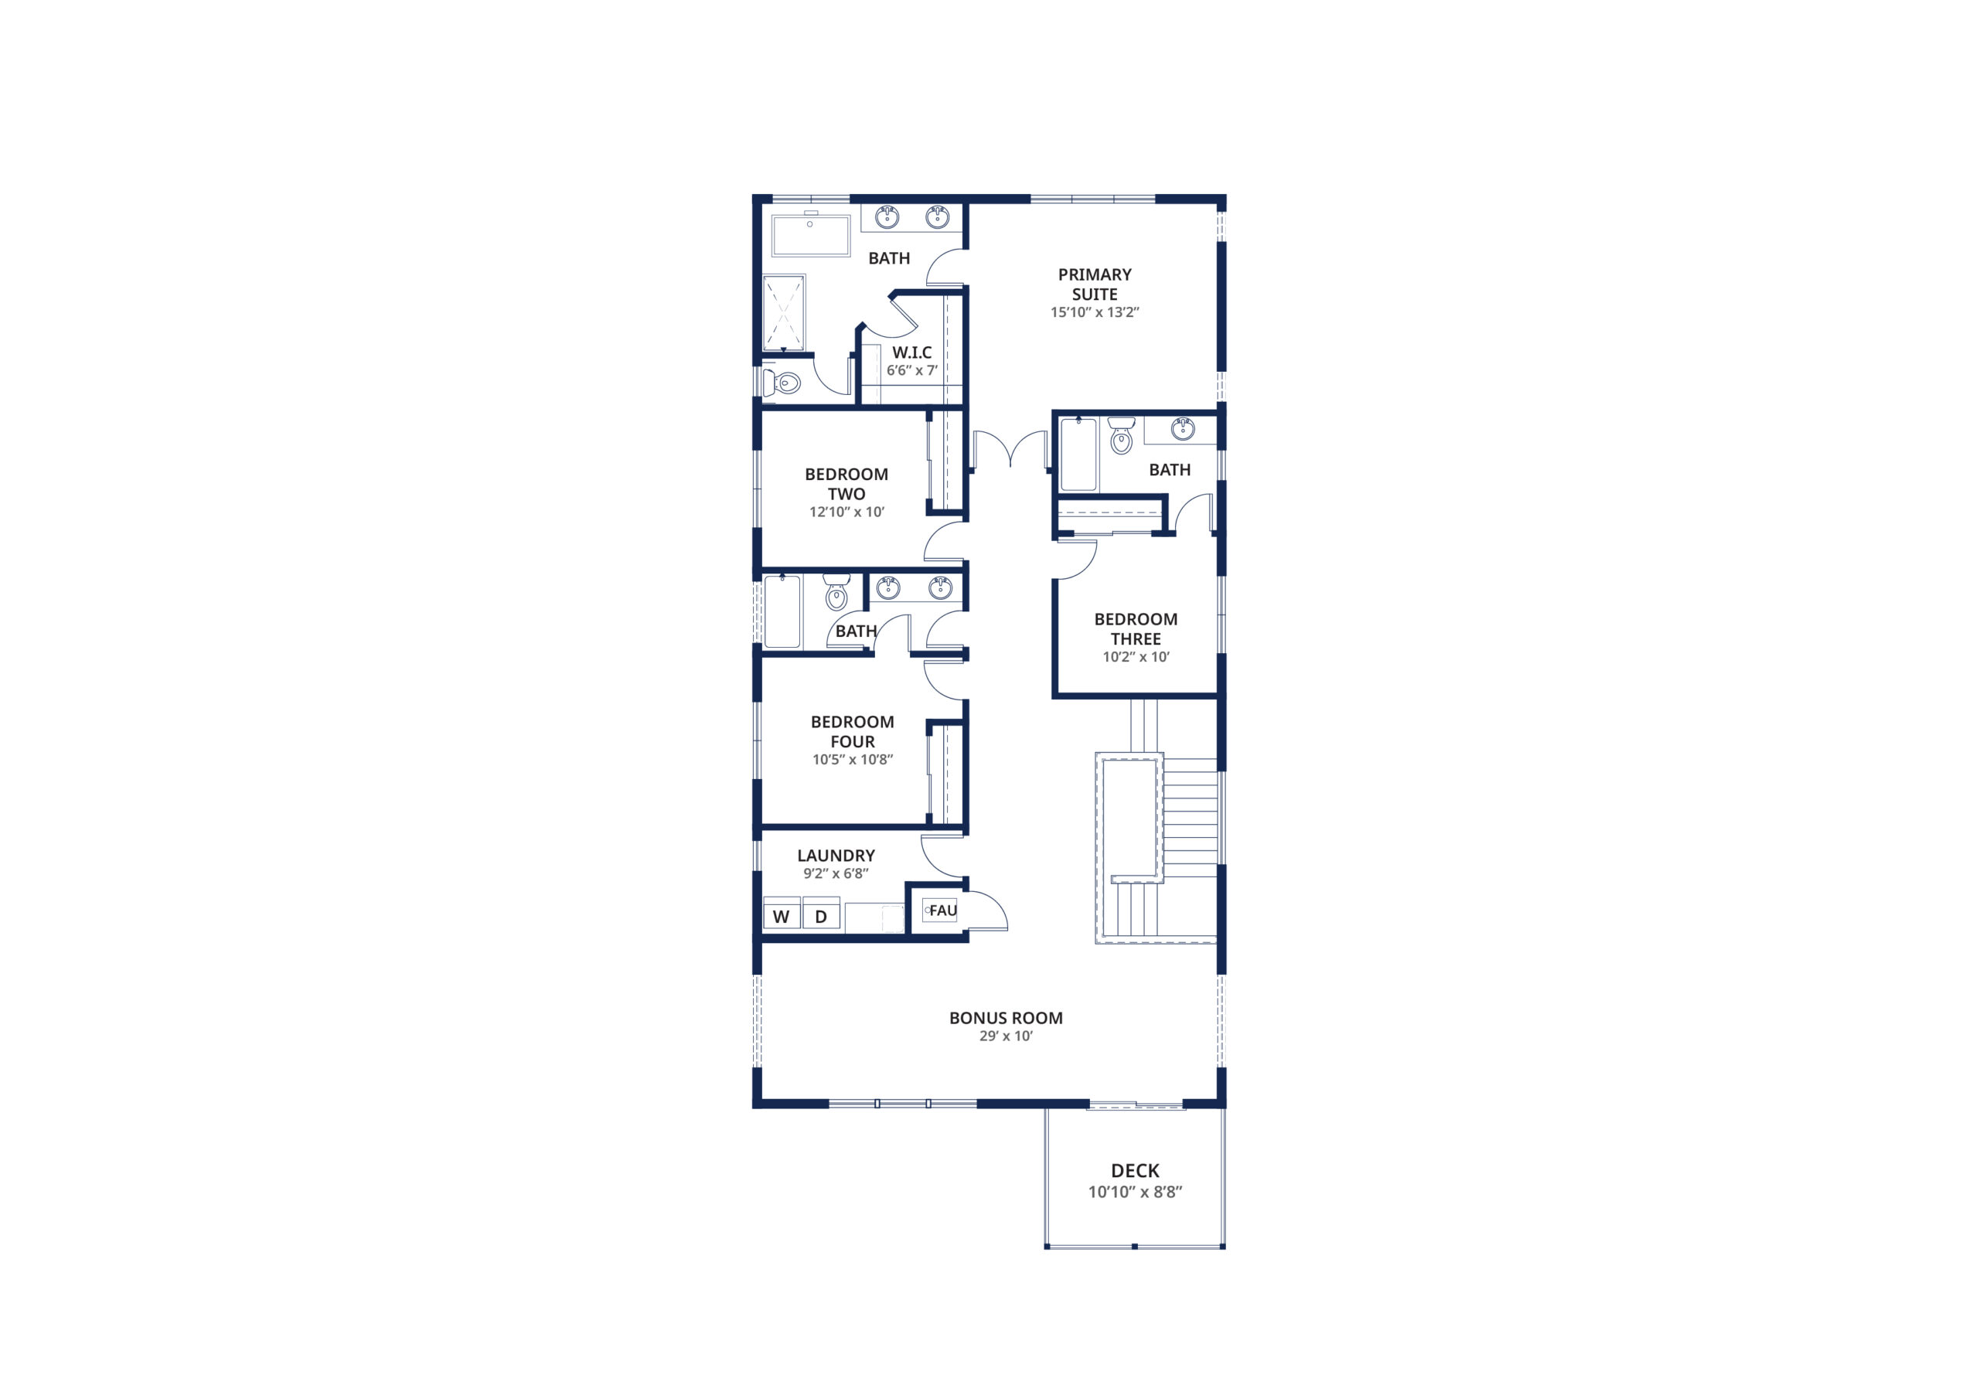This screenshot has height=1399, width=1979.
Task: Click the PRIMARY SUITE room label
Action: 1095,284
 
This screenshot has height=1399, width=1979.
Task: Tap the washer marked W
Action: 782,915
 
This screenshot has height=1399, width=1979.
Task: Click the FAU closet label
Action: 943,911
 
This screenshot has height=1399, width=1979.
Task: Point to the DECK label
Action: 1135,1170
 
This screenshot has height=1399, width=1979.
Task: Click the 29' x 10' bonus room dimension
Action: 1006,1036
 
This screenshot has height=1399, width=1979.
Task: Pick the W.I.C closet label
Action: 912,352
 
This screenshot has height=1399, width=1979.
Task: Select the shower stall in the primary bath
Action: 785,313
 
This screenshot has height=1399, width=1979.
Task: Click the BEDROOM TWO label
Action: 846,484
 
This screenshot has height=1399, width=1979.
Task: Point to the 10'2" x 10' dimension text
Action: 1136,657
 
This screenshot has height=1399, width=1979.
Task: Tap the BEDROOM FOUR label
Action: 853,731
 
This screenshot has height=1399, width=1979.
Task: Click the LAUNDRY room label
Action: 836,855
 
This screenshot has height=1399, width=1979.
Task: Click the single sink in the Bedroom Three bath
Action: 1183,428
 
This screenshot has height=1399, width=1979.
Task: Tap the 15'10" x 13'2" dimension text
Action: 1095,313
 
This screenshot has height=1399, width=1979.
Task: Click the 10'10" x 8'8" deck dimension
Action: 1135,1192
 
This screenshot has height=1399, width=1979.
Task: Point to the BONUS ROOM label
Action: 1006,1018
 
